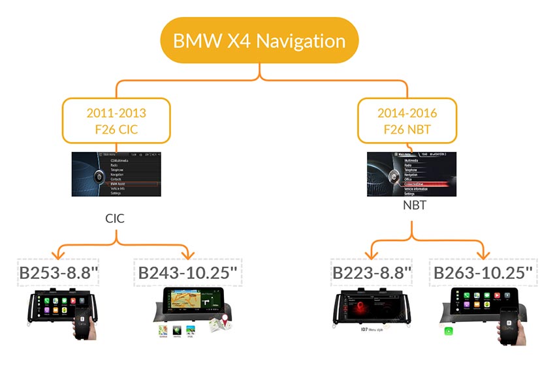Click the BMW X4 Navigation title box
coord(259,40)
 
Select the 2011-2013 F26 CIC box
coord(116,121)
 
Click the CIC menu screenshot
coord(116,174)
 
